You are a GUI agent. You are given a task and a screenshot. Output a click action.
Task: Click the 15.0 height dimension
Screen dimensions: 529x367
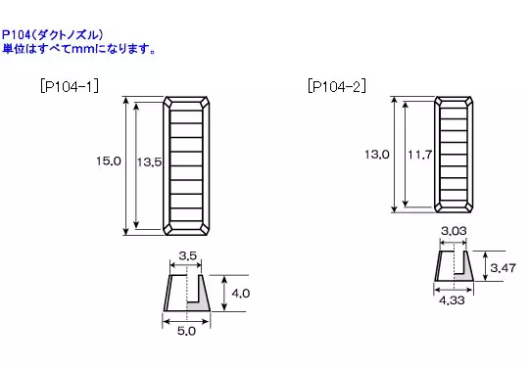click(109, 161)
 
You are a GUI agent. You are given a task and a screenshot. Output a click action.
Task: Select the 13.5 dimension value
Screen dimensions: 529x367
click(149, 162)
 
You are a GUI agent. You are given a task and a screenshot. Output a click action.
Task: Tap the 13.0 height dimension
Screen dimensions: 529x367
click(377, 155)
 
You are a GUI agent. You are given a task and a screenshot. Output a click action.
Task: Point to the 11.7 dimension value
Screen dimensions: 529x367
click(419, 155)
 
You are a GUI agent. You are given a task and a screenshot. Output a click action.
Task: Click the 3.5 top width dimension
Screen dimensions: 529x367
click(187, 255)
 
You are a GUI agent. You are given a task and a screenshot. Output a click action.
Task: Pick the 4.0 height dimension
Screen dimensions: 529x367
click(241, 294)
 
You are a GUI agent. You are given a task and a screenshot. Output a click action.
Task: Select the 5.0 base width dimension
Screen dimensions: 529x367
click(186, 331)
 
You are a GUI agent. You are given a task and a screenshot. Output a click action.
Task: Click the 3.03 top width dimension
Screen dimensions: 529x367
click(454, 231)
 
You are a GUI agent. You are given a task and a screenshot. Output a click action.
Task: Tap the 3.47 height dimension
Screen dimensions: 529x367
click(503, 268)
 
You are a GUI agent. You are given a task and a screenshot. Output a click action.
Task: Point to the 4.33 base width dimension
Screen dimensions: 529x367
click(452, 299)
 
